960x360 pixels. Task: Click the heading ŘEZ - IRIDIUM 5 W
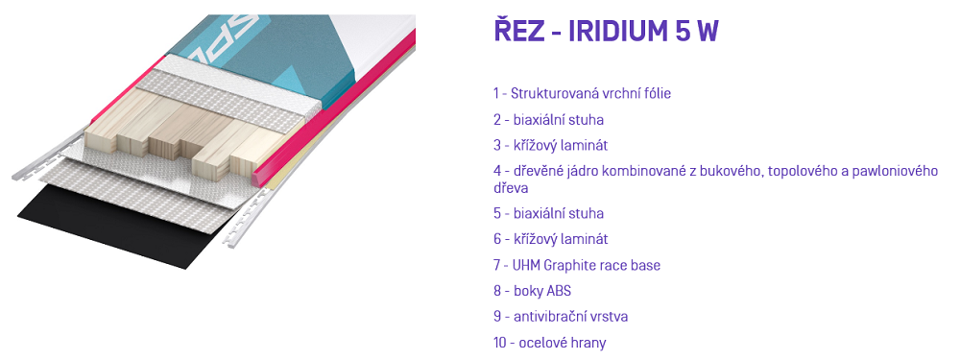pos(606,33)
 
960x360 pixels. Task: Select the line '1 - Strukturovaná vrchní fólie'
pos(583,94)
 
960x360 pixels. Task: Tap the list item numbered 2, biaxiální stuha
pos(548,119)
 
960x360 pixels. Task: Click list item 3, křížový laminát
pos(550,146)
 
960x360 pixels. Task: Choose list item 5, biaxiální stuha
pos(548,213)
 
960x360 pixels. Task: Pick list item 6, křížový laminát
pos(550,239)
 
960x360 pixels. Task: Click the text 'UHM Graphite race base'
pos(586,265)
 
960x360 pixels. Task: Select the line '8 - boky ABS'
pos(532,291)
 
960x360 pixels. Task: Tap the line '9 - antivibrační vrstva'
pos(561,317)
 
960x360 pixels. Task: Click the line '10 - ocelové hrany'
pos(550,343)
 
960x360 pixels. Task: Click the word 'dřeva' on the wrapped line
pos(511,187)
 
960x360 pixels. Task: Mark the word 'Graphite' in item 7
pos(574,265)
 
